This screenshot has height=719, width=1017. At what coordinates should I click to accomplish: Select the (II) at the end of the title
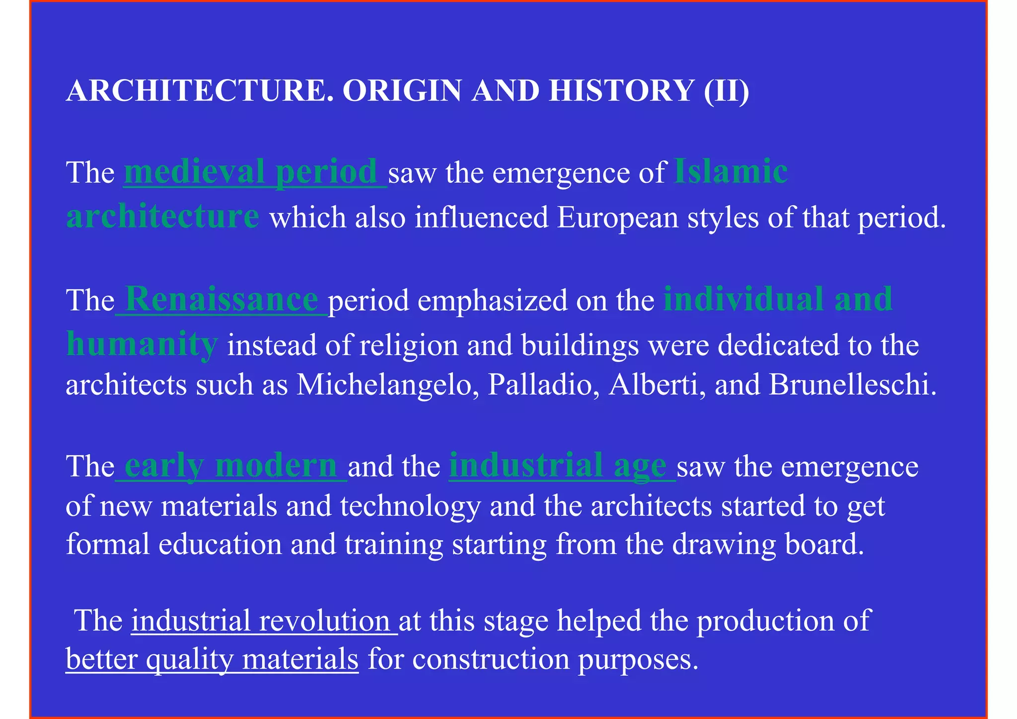click(726, 91)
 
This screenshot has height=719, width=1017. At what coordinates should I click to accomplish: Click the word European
click(617, 217)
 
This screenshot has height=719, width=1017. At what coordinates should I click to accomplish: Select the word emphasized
click(488, 300)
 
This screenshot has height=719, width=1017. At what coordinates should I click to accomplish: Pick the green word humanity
click(142, 344)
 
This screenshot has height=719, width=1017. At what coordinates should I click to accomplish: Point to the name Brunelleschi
click(852, 385)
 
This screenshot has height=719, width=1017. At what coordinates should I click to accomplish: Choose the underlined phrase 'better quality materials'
click(212, 659)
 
